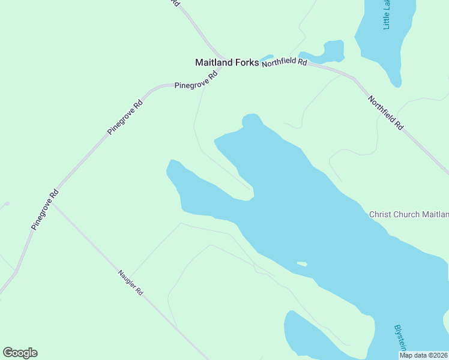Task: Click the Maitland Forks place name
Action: (227, 62)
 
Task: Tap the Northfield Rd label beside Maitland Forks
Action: (285, 62)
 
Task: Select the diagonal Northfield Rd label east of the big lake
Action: (385, 113)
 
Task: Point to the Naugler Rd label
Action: (130, 283)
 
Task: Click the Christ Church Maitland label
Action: (409, 214)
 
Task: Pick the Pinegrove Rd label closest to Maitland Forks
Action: (196, 82)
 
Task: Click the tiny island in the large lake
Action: (301, 263)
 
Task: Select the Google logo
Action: (20, 353)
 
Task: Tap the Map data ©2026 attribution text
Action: (423, 355)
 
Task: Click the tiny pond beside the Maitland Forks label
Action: (267, 57)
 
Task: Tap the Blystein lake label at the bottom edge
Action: (401, 338)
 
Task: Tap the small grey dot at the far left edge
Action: (6, 204)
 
